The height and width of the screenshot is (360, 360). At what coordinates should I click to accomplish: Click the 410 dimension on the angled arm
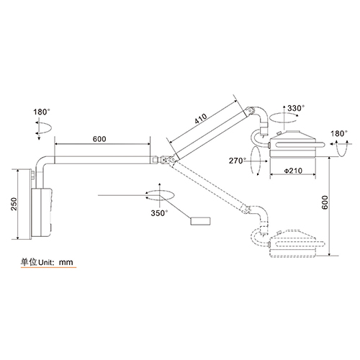[201, 118]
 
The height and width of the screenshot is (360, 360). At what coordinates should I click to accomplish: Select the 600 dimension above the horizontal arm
[99, 139]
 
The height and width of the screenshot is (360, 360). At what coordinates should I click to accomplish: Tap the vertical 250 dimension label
[14, 204]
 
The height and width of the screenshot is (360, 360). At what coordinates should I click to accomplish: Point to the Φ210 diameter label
[293, 171]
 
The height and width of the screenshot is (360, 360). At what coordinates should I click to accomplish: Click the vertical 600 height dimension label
[325, 202]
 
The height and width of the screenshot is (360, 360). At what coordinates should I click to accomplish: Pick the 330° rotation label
[296, 108]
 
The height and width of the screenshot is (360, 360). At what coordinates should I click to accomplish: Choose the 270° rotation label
[238, 161]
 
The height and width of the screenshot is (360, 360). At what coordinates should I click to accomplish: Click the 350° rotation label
[159, 213]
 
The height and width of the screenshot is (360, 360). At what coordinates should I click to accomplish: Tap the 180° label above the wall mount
[42, 112]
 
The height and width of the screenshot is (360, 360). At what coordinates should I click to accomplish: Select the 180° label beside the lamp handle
[339, 133]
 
